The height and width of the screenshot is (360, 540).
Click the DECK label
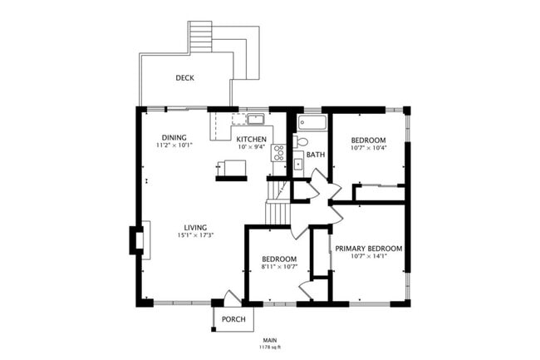tap(185, 78)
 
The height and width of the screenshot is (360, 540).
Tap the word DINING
tap(174, 137)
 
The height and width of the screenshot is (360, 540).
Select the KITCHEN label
tap(251, 139)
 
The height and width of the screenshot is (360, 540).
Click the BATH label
tap(316, 155)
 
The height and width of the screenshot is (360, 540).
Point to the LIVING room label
tap(195, 227)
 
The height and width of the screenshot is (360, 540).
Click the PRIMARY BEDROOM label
tap(368, 248)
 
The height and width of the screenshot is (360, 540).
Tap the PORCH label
tap(233, 318)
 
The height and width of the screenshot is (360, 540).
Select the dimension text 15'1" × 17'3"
tap(195, 235)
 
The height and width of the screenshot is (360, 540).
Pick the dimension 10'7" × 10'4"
tap(367, 148)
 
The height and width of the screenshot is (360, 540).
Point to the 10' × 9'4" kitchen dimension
tap(251, 147)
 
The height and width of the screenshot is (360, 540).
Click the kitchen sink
tap(254, 119)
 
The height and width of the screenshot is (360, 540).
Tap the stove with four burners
tap(279, 153)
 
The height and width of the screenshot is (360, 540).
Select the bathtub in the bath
tap(313, 123)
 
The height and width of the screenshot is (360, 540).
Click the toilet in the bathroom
tap(300, 142)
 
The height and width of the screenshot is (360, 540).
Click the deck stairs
tap(201, 37)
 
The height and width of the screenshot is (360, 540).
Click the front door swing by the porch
tap(232, 298)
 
